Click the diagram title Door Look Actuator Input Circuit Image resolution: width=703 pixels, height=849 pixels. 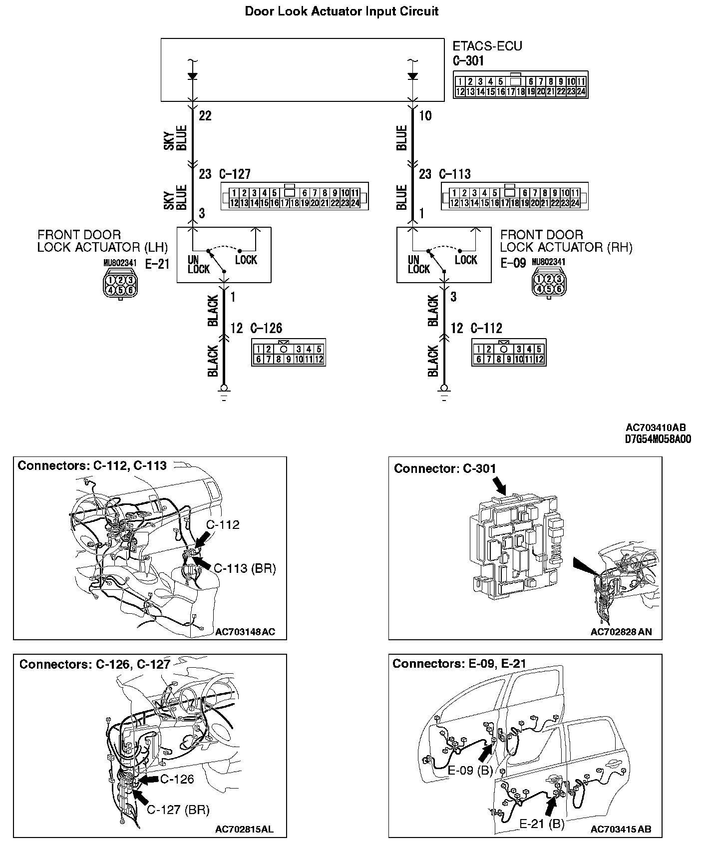click(342, 11)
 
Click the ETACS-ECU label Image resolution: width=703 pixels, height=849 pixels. click(487, 46)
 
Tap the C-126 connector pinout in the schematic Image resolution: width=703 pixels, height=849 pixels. click(289, 354)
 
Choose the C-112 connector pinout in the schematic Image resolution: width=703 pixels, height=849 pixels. click(509, 354)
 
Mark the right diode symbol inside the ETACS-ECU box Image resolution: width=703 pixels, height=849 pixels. click(412, 76)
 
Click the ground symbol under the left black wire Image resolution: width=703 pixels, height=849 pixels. click(224, 392)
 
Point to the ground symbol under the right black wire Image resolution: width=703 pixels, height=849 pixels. click(444, 392)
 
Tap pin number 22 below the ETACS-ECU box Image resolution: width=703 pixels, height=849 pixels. click(205, 116)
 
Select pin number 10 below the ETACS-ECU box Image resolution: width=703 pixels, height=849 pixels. click(425, 116)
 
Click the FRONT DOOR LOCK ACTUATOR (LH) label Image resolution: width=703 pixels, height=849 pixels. click(102, 241)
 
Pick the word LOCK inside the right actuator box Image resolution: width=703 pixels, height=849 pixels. click(466, 260)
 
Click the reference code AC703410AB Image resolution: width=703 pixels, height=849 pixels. click(656, 427)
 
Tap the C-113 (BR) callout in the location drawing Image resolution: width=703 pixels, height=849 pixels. click(245, 568)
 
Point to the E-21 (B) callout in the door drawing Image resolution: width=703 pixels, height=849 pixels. click(542, 824)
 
